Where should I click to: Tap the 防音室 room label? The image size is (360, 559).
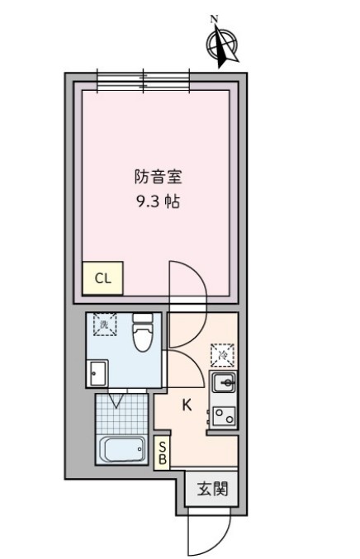(x=158, y=177)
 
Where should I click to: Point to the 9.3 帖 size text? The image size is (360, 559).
(x=158, y=201)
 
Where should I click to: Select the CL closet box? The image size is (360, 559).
(x=102, y=278)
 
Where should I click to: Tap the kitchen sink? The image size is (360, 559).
(x=224, y=383)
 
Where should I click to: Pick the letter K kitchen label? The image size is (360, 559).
(x=187, y=405)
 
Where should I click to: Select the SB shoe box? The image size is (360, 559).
(x=163, y=452)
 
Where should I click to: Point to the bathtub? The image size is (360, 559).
(x=122, y=451)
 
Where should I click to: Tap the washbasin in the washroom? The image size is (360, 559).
(x=97, y=374)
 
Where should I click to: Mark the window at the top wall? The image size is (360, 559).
(x=144, y=79)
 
